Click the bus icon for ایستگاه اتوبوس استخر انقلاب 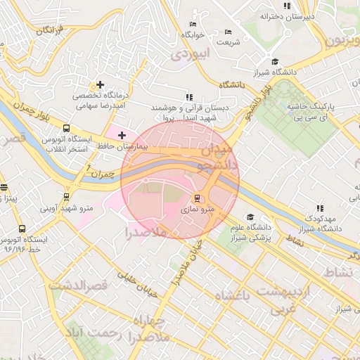(66, 129)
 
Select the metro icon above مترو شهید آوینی (66, 197)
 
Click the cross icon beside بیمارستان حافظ (122, 135)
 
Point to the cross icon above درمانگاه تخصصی (100, 84)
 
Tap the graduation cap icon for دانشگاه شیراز (274, 62)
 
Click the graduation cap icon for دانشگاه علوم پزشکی (248, 217)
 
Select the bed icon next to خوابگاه (193, 24)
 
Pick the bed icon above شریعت (227, 32)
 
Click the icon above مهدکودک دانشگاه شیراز (320, 208)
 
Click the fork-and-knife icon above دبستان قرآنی (188, 97)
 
